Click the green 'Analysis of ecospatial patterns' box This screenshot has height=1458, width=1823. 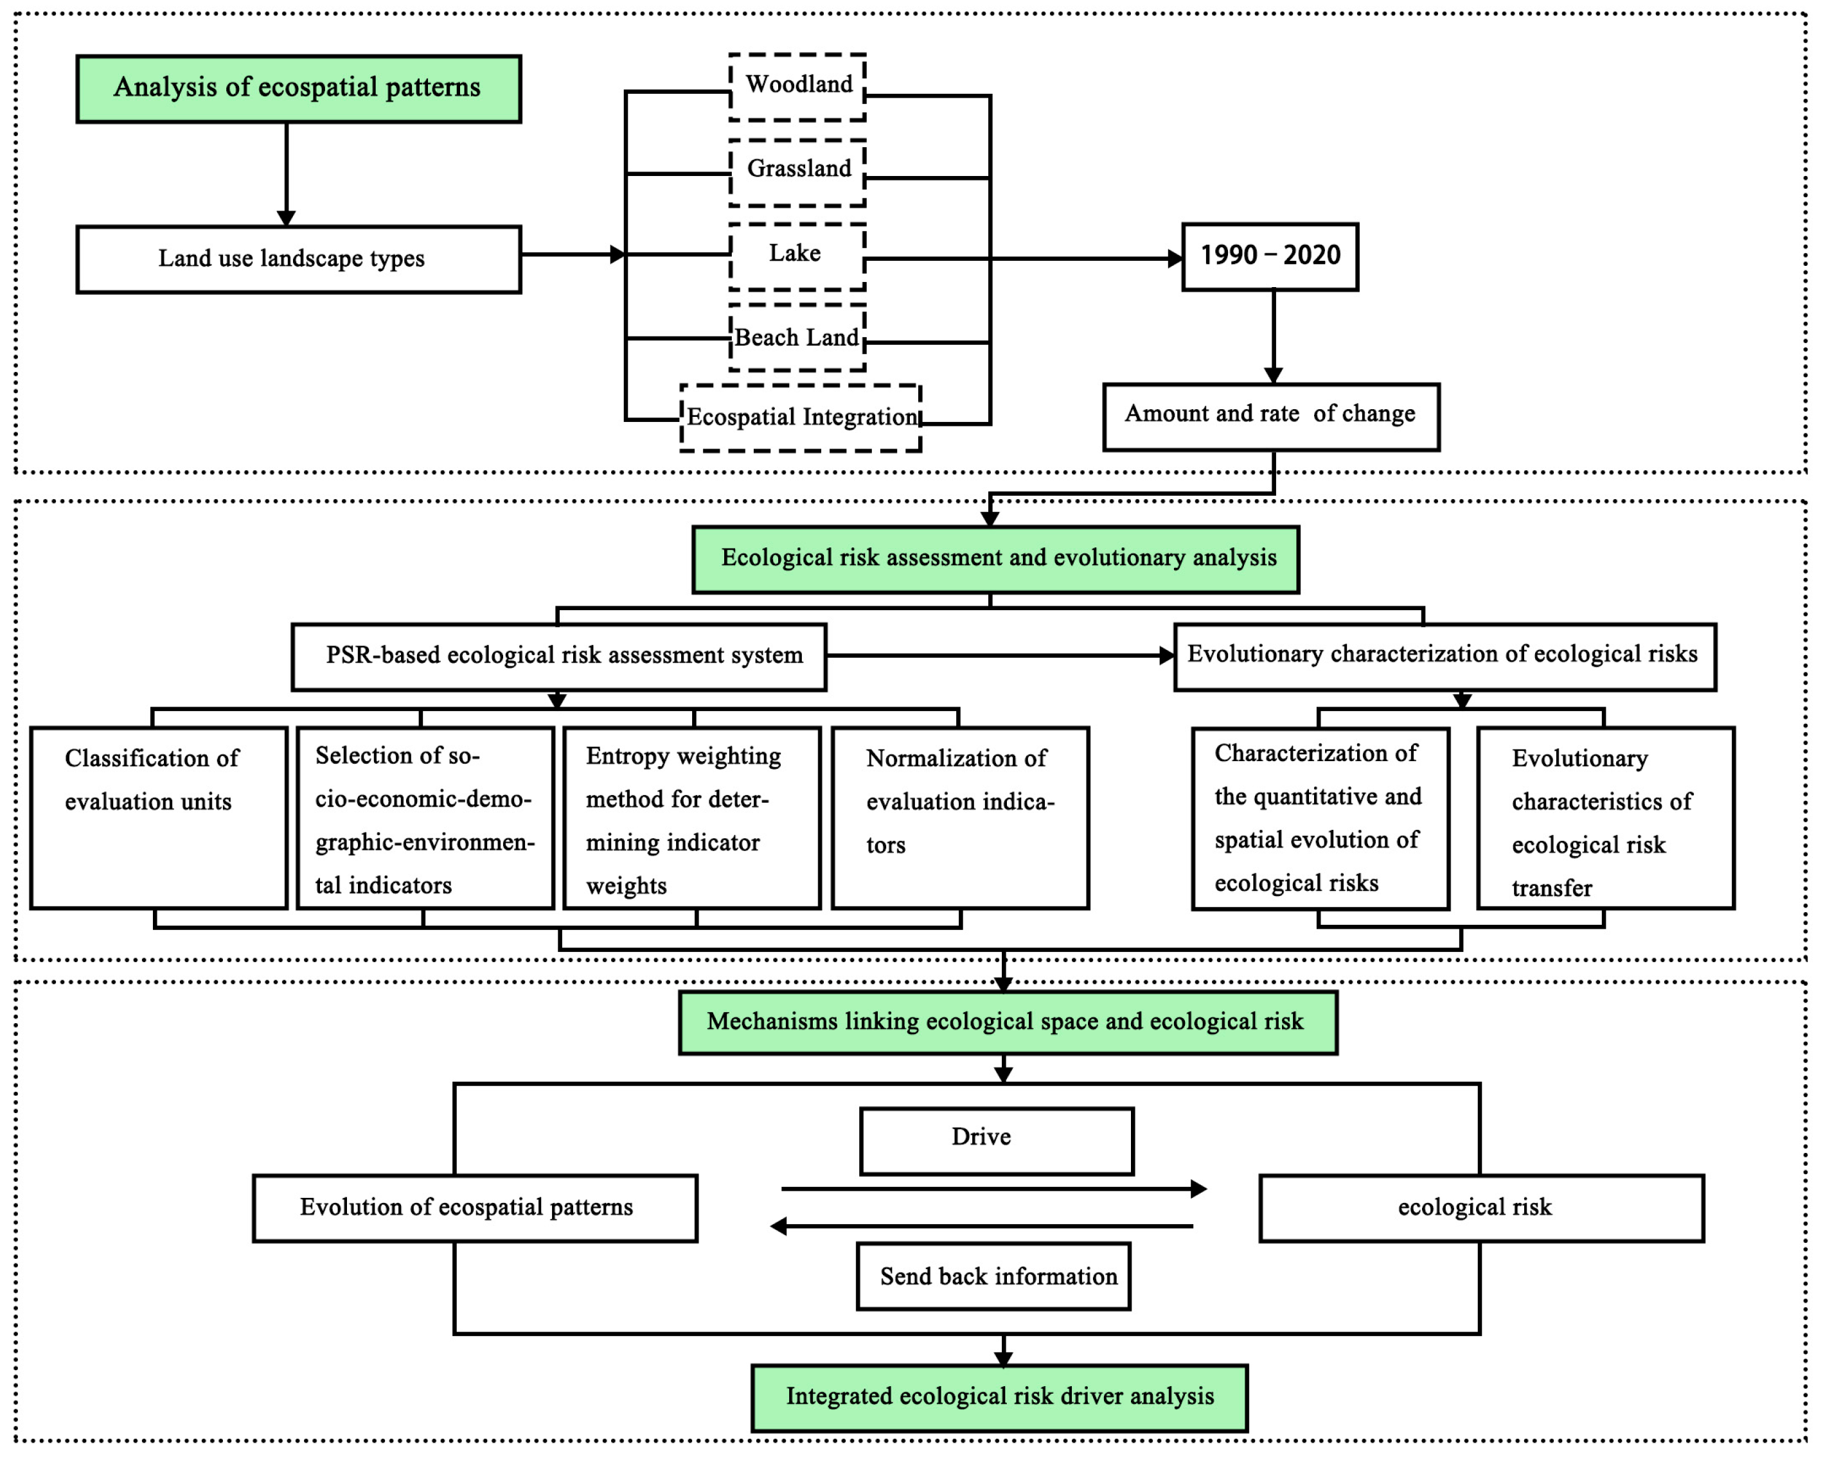point(298,89)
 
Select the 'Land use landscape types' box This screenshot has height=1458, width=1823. point(298,259)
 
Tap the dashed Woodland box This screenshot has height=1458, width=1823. point(797,86)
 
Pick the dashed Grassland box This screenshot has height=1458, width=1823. point(797,171)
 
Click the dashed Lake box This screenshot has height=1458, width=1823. point(797,255)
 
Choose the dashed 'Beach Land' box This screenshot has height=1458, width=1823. point(797,337)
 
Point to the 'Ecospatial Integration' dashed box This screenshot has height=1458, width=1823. point(800,417)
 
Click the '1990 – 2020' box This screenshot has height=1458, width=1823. point(1269,256)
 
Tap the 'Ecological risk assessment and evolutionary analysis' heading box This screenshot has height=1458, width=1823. point(995,559)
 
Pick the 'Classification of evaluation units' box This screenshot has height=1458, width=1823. point(159,818)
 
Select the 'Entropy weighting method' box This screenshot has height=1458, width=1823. point(691,818)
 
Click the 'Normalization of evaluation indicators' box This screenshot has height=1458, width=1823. point(960,818)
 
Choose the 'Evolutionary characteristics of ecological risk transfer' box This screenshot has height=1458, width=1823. point(1605,818)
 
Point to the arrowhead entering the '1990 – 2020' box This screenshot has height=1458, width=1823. point(1175,259)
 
